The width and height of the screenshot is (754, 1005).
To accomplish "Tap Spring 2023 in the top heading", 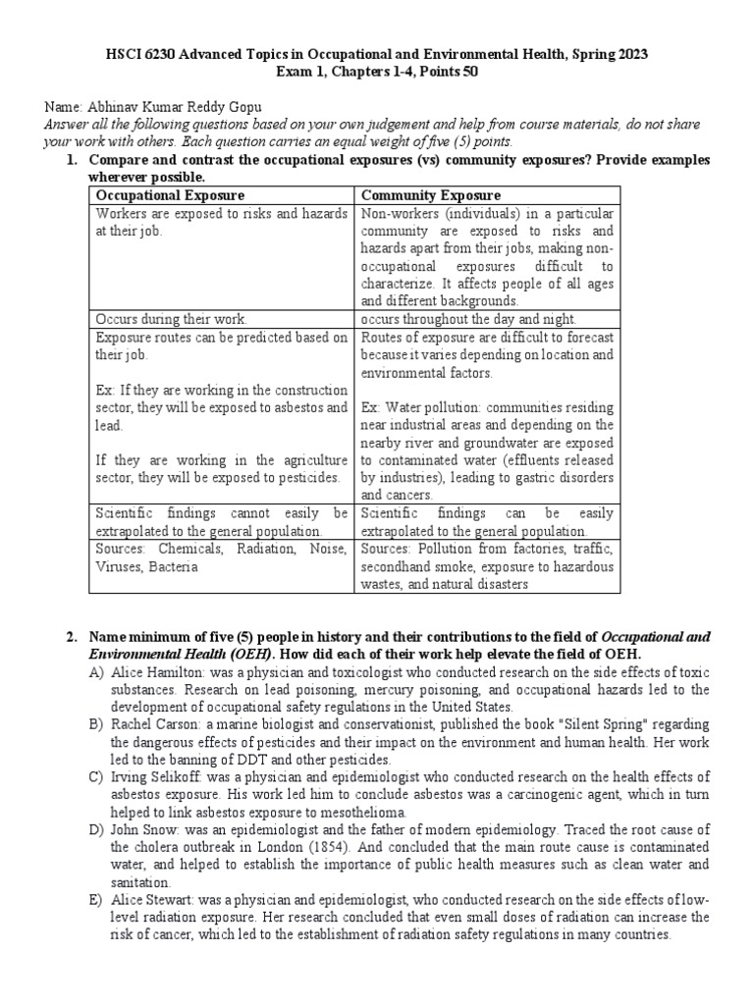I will [607, 54].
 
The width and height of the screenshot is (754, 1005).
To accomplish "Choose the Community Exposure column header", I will [431, 195].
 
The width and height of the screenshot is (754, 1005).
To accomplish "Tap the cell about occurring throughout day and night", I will [469, 319].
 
